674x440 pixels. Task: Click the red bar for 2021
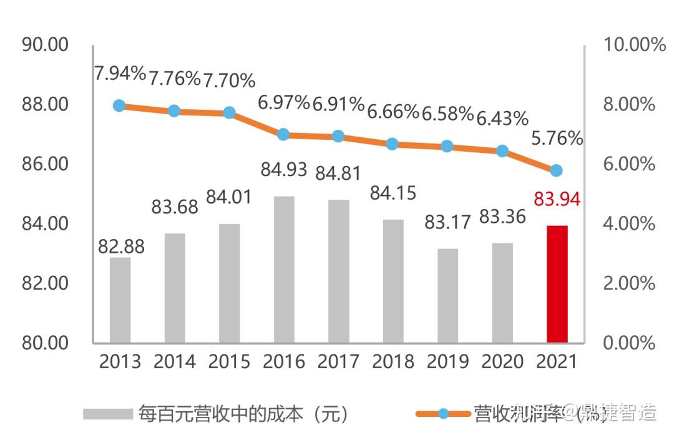tap(557, 284)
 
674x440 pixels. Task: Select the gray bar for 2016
tap(284, 270)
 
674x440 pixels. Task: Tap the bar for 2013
tap(120, 300)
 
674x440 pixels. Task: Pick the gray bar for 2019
tap(447, 296)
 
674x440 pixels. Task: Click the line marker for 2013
tap(120, 105)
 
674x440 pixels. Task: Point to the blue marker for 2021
tap(557, 170)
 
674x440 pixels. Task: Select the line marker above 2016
tap(283, 134)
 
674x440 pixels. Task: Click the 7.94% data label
tap(120, 74)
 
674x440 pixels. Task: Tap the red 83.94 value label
tap(557, 199)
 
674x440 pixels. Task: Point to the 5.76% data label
tap(557, 139)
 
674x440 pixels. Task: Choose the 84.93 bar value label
tap(285, 169)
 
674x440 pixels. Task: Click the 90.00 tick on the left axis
tap(45, 45)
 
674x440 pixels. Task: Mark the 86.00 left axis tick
tap(45, 164)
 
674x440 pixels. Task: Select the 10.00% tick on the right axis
tap(634, 45)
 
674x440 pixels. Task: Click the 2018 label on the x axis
tap(393, 362)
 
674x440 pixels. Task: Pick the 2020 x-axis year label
tap(502, 362)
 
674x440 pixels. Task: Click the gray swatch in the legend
tap(108, 414)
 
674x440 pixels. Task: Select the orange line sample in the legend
tap(443, 414)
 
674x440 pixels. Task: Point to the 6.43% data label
tap(502, 117)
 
